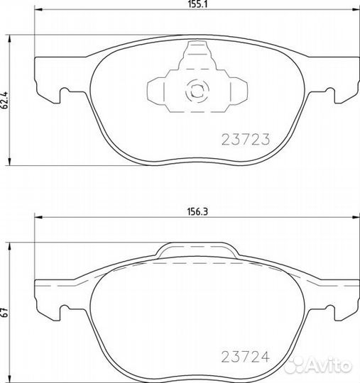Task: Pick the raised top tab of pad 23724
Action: click(195, 250)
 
